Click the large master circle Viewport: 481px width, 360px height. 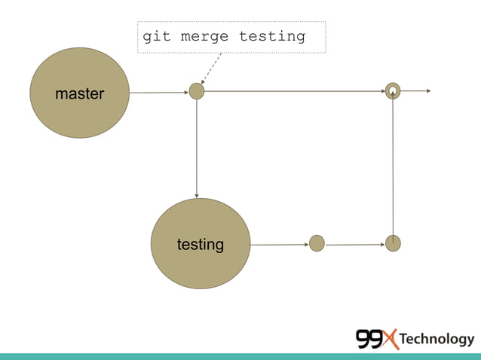[x=79, y=93]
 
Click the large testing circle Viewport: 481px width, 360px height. [x=201, y=243]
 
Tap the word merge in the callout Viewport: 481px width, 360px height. [x=204, y=35]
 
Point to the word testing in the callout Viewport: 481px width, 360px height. [x=272, y=35]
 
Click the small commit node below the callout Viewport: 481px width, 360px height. [x=197, y=91]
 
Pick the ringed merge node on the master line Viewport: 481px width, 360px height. [x=393, y=91]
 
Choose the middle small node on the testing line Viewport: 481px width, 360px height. [x=317, y=243]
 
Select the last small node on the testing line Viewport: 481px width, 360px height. [x=393, y=243]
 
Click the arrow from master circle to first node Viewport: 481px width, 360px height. [x=158, y=93]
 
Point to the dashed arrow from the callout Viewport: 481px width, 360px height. [x=212, y=68]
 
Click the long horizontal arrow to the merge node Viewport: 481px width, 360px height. [x=294, y=91]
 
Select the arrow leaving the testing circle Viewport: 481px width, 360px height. [x=279, y=244]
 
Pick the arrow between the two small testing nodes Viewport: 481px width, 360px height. [x=354, y=244]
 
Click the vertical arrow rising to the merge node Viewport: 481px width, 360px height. [x=393, y=166]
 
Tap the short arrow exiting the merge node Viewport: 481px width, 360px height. [x=415, y=91]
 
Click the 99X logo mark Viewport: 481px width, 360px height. [x=376, y=340]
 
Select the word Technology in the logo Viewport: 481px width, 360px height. [x=437, y=340]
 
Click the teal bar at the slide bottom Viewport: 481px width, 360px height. [x=240, y=356]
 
